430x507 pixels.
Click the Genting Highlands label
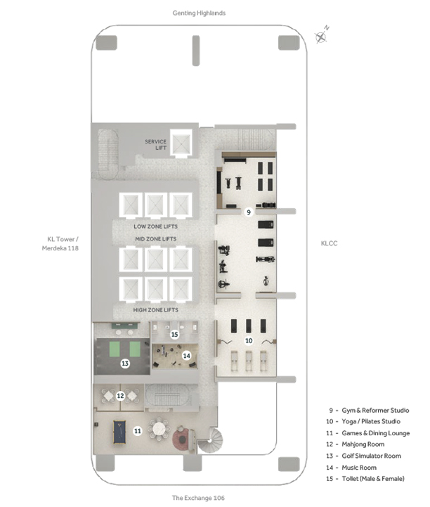(199, 13)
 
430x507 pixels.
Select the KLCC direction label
(329, 243)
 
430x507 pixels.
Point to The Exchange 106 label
(198, 498)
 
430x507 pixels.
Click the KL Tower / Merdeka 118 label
(60, 243)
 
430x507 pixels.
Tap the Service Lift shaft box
(181, 143)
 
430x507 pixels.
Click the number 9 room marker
(249, 212)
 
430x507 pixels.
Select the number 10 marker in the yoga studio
(249, 340)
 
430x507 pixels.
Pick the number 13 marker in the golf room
(125, 363)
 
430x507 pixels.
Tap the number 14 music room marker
(186, 356)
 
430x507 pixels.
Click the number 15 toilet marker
(174, 334)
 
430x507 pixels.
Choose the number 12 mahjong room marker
(120, 395)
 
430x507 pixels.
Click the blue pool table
(119, 432)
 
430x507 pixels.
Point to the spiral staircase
(210, 441)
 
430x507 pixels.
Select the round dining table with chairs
(159, 429)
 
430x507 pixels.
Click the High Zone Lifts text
(156, 310)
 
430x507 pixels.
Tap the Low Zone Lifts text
(156, 226)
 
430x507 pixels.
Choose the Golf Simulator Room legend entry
(363, 456)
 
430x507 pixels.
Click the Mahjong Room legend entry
(356, 444)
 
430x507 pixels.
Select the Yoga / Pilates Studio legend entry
(363, 421)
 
